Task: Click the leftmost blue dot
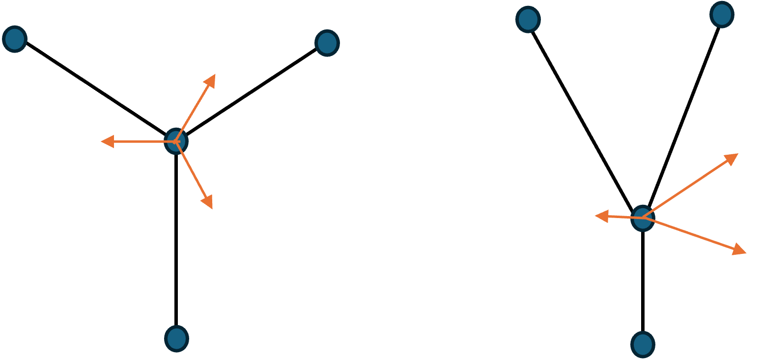[x=14, y=39]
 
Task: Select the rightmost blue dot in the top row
[x=722, y=15]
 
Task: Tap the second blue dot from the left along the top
[x=327, y=43]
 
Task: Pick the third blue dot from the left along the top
[x=528, y=20]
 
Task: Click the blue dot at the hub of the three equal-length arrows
[x=176, y=141]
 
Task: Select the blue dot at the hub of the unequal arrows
[x=642, y=219]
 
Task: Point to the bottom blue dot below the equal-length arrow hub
[x=176, y=338]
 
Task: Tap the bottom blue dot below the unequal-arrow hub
[x=643, y=345]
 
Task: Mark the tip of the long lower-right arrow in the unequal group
[x=744, y=252]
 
